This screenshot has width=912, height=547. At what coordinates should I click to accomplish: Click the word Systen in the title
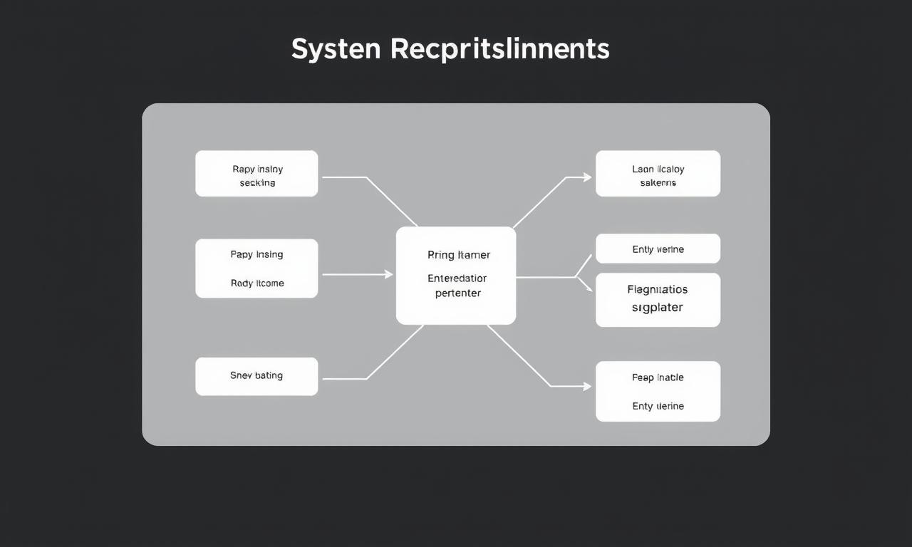click(336, 49)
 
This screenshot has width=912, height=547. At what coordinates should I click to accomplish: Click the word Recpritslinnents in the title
click(499, 49)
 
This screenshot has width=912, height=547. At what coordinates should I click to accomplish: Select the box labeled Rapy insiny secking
click(256, 174)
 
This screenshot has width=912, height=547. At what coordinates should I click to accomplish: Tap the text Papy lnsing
click(256, 254)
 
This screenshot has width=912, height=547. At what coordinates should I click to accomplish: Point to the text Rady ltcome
click(257, 283)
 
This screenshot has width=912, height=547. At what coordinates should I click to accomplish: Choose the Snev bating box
click(256, 376)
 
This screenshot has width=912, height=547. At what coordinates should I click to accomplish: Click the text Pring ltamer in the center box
click(459, 254)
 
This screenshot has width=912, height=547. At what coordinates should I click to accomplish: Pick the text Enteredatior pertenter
click(457, 286)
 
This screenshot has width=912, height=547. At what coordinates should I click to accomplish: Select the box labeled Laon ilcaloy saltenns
click(658, 174)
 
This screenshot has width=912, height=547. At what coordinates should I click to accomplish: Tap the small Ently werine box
click(658, 249)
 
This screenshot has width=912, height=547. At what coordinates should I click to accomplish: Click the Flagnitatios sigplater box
click(658, 300)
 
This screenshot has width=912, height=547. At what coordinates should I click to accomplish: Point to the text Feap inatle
click(658, 377)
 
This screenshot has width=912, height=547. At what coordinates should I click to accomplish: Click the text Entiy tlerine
click(658, 406)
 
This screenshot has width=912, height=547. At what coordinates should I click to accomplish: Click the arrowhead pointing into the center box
click(388, 274)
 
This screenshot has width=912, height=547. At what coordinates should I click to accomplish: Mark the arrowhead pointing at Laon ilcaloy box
click(587, 177)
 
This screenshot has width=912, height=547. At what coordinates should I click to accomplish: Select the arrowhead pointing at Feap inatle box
click(587, 387)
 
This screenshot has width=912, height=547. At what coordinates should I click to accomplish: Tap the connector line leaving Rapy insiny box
click(346, 177)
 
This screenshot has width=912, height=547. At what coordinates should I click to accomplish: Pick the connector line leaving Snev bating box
click(346, 379)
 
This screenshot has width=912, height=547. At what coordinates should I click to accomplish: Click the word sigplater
click(658, 308)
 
